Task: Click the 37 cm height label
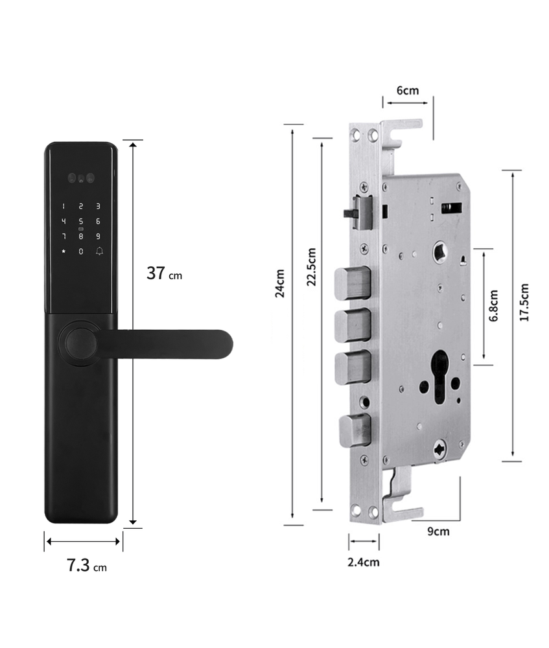tap(164, 273)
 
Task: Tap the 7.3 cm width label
tap(87, 565)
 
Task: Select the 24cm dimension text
tap(280, 283)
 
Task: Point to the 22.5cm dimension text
tap(311, 267)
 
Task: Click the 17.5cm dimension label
tap(524, 303)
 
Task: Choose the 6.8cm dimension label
tap(494, 305)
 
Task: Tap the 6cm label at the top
tap(408, 90)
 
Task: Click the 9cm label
tap(438, 531)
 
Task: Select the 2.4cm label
tap(364, 562)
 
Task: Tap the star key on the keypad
tap(64, 251)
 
